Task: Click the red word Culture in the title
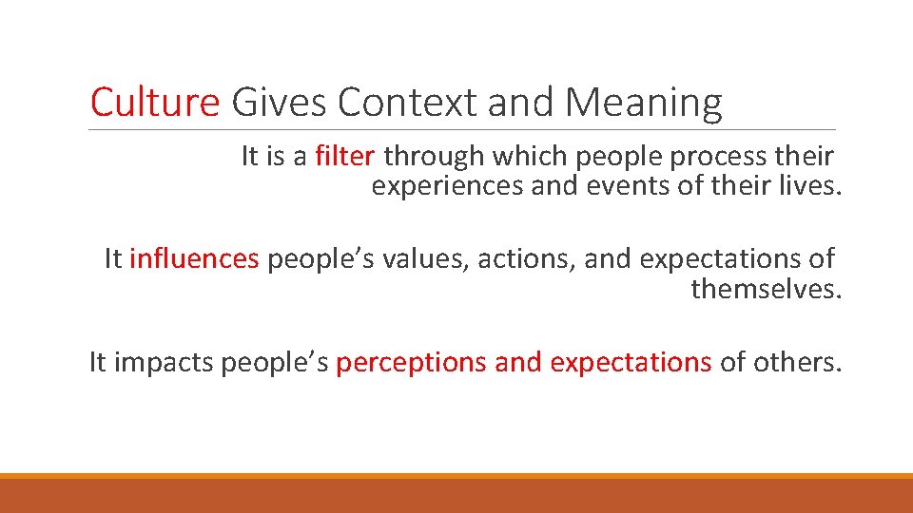pyautogui.click(x=155, y=102)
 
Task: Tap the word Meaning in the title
pyautogui.click(x=644, y=102)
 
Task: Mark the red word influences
pyautogui.click(x=194, y=258)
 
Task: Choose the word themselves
pyautogui.click(x=766, y=288)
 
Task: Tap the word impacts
pyautogui.click(x=164, y=362)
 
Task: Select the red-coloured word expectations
pyautogui.click(x=631, y=362)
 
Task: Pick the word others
pyautogui.click(x=797, y=362)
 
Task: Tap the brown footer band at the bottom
pyautogui.click(x=456, y=496)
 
